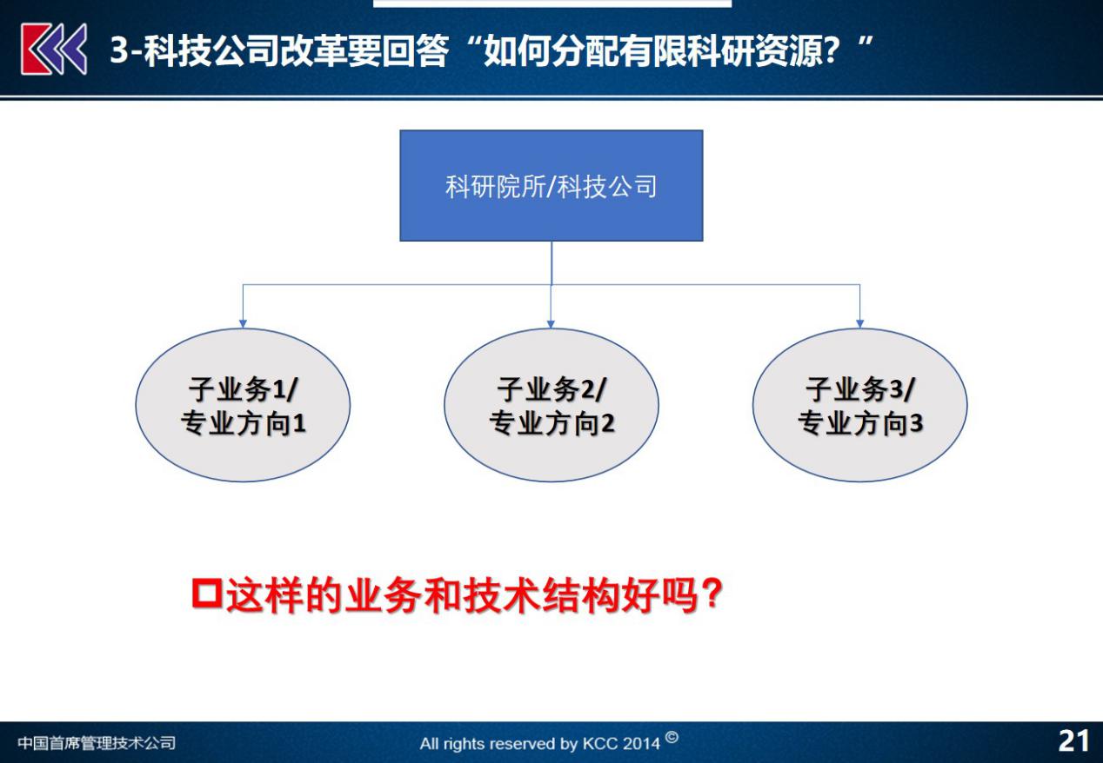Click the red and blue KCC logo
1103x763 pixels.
pyautogui.click(x=54, y=50)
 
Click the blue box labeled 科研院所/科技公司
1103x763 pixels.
pyautogui.click(x=551, y=185)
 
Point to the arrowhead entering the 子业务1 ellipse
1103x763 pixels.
pyautogui.click(x=243, y=323)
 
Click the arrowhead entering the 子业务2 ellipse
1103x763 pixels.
pyautogui.click(x=551, y=323)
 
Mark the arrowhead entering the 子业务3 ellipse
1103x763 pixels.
pyautogui.click(x=859, y=323)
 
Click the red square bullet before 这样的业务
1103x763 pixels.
pyautogui.click(x=207, y=594)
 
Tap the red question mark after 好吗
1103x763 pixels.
pyautogui.click(x=711, y=594)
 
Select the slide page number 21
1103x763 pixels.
pyautogui.click(x=1073, y=741)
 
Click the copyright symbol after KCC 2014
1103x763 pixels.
pyautogui.click(x=672, y=738)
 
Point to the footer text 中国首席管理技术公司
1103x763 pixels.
pyautogui.click(x=97, y=743)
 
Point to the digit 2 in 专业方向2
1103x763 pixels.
pyautogui.click(x=608, y=423)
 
